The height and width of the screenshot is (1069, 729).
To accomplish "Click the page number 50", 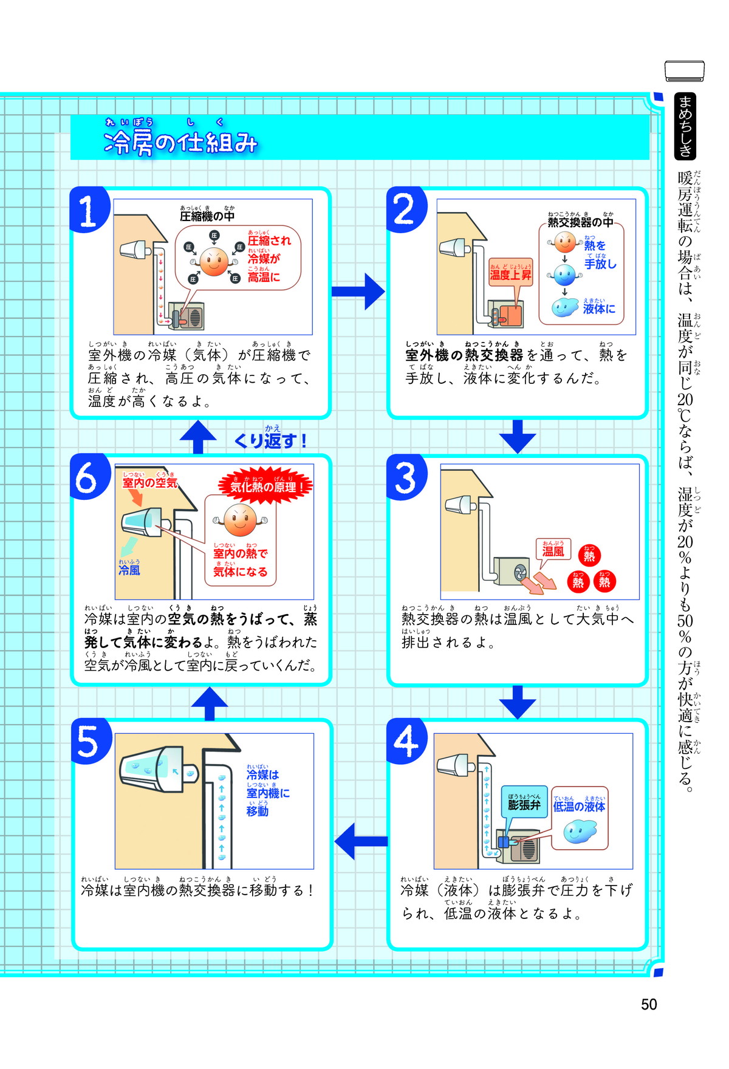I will pos(649,1004).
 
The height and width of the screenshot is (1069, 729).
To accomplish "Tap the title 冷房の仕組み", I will pos(180,143).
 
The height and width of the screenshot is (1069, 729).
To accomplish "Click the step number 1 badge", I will pos(89,211).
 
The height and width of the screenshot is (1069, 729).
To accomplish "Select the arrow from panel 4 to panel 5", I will pos(361,841).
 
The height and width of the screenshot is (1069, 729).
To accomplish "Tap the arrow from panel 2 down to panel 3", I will pos(517,436).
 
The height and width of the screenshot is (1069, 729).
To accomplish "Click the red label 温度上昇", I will pos(510,275).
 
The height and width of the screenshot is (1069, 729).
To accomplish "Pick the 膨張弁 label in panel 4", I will pos(524,805).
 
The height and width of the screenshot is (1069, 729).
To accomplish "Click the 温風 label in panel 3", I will pos(553,551).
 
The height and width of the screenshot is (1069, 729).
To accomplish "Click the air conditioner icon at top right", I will pos(685,71).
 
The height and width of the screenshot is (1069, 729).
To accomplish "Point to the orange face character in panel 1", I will pos(214,262).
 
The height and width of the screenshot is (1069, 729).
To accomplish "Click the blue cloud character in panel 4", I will pos(580,832).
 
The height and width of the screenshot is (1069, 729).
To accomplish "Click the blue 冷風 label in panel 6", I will pos(129,570).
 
